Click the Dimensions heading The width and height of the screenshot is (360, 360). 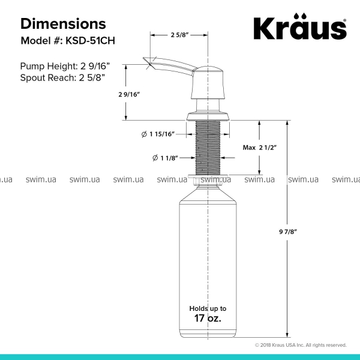pos(63,23)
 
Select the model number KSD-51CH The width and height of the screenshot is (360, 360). pos(90,41)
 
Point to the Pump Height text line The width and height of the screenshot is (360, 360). pos(65,66)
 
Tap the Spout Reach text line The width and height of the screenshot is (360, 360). pos(62,77)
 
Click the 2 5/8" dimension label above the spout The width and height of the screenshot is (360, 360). pos(179,35)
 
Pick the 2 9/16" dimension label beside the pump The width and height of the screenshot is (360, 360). pos(129,94)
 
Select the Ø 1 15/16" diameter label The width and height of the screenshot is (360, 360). pos(158,134)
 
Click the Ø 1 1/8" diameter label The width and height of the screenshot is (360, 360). pos(165,158)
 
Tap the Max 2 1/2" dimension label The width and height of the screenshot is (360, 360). pos(260,148)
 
